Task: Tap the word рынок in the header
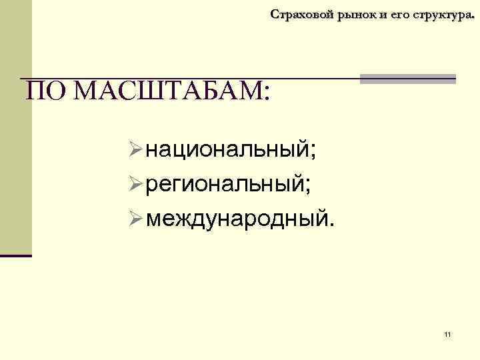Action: (349, 14)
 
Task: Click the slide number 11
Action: (447, 334)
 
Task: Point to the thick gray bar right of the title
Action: (407, 79)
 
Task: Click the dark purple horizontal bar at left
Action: (16, 255)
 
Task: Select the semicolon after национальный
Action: (311, 152)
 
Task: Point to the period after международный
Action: (327, 219)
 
